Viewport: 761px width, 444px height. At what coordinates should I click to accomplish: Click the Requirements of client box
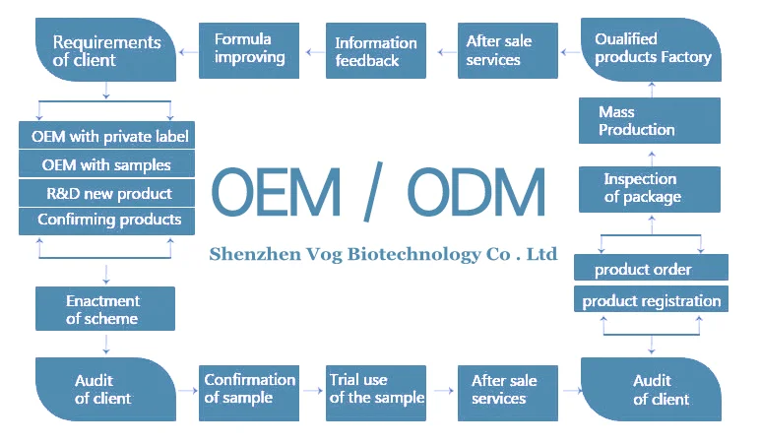(105, 51)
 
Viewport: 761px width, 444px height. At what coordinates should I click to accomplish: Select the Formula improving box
(249, 48)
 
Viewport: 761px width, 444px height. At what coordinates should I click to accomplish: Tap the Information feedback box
(376, 51)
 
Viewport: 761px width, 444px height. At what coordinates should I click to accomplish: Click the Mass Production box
(649, 120)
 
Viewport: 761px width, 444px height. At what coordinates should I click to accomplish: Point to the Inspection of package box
(649, 188)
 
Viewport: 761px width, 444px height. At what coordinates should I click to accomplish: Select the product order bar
(651, 269)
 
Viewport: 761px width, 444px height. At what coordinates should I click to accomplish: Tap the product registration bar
(651, 300)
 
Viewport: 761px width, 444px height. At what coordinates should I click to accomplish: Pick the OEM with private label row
(106, 136)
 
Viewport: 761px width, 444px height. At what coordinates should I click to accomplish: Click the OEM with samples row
(106, 164)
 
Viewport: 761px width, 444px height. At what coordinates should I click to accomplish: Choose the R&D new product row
(106, 193)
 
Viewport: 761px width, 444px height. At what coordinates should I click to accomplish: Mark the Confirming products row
(106, 220)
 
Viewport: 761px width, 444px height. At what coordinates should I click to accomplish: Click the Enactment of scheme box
(104, 309)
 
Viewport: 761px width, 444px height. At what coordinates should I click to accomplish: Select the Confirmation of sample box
(249, 389)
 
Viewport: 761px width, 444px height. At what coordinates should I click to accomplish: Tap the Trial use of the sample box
(376, 389)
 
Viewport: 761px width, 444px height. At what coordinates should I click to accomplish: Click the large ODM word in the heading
(476, 192)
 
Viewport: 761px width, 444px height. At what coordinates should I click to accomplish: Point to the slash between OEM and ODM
(371, 192)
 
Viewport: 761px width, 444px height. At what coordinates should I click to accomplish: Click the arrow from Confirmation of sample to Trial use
(313, 390)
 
